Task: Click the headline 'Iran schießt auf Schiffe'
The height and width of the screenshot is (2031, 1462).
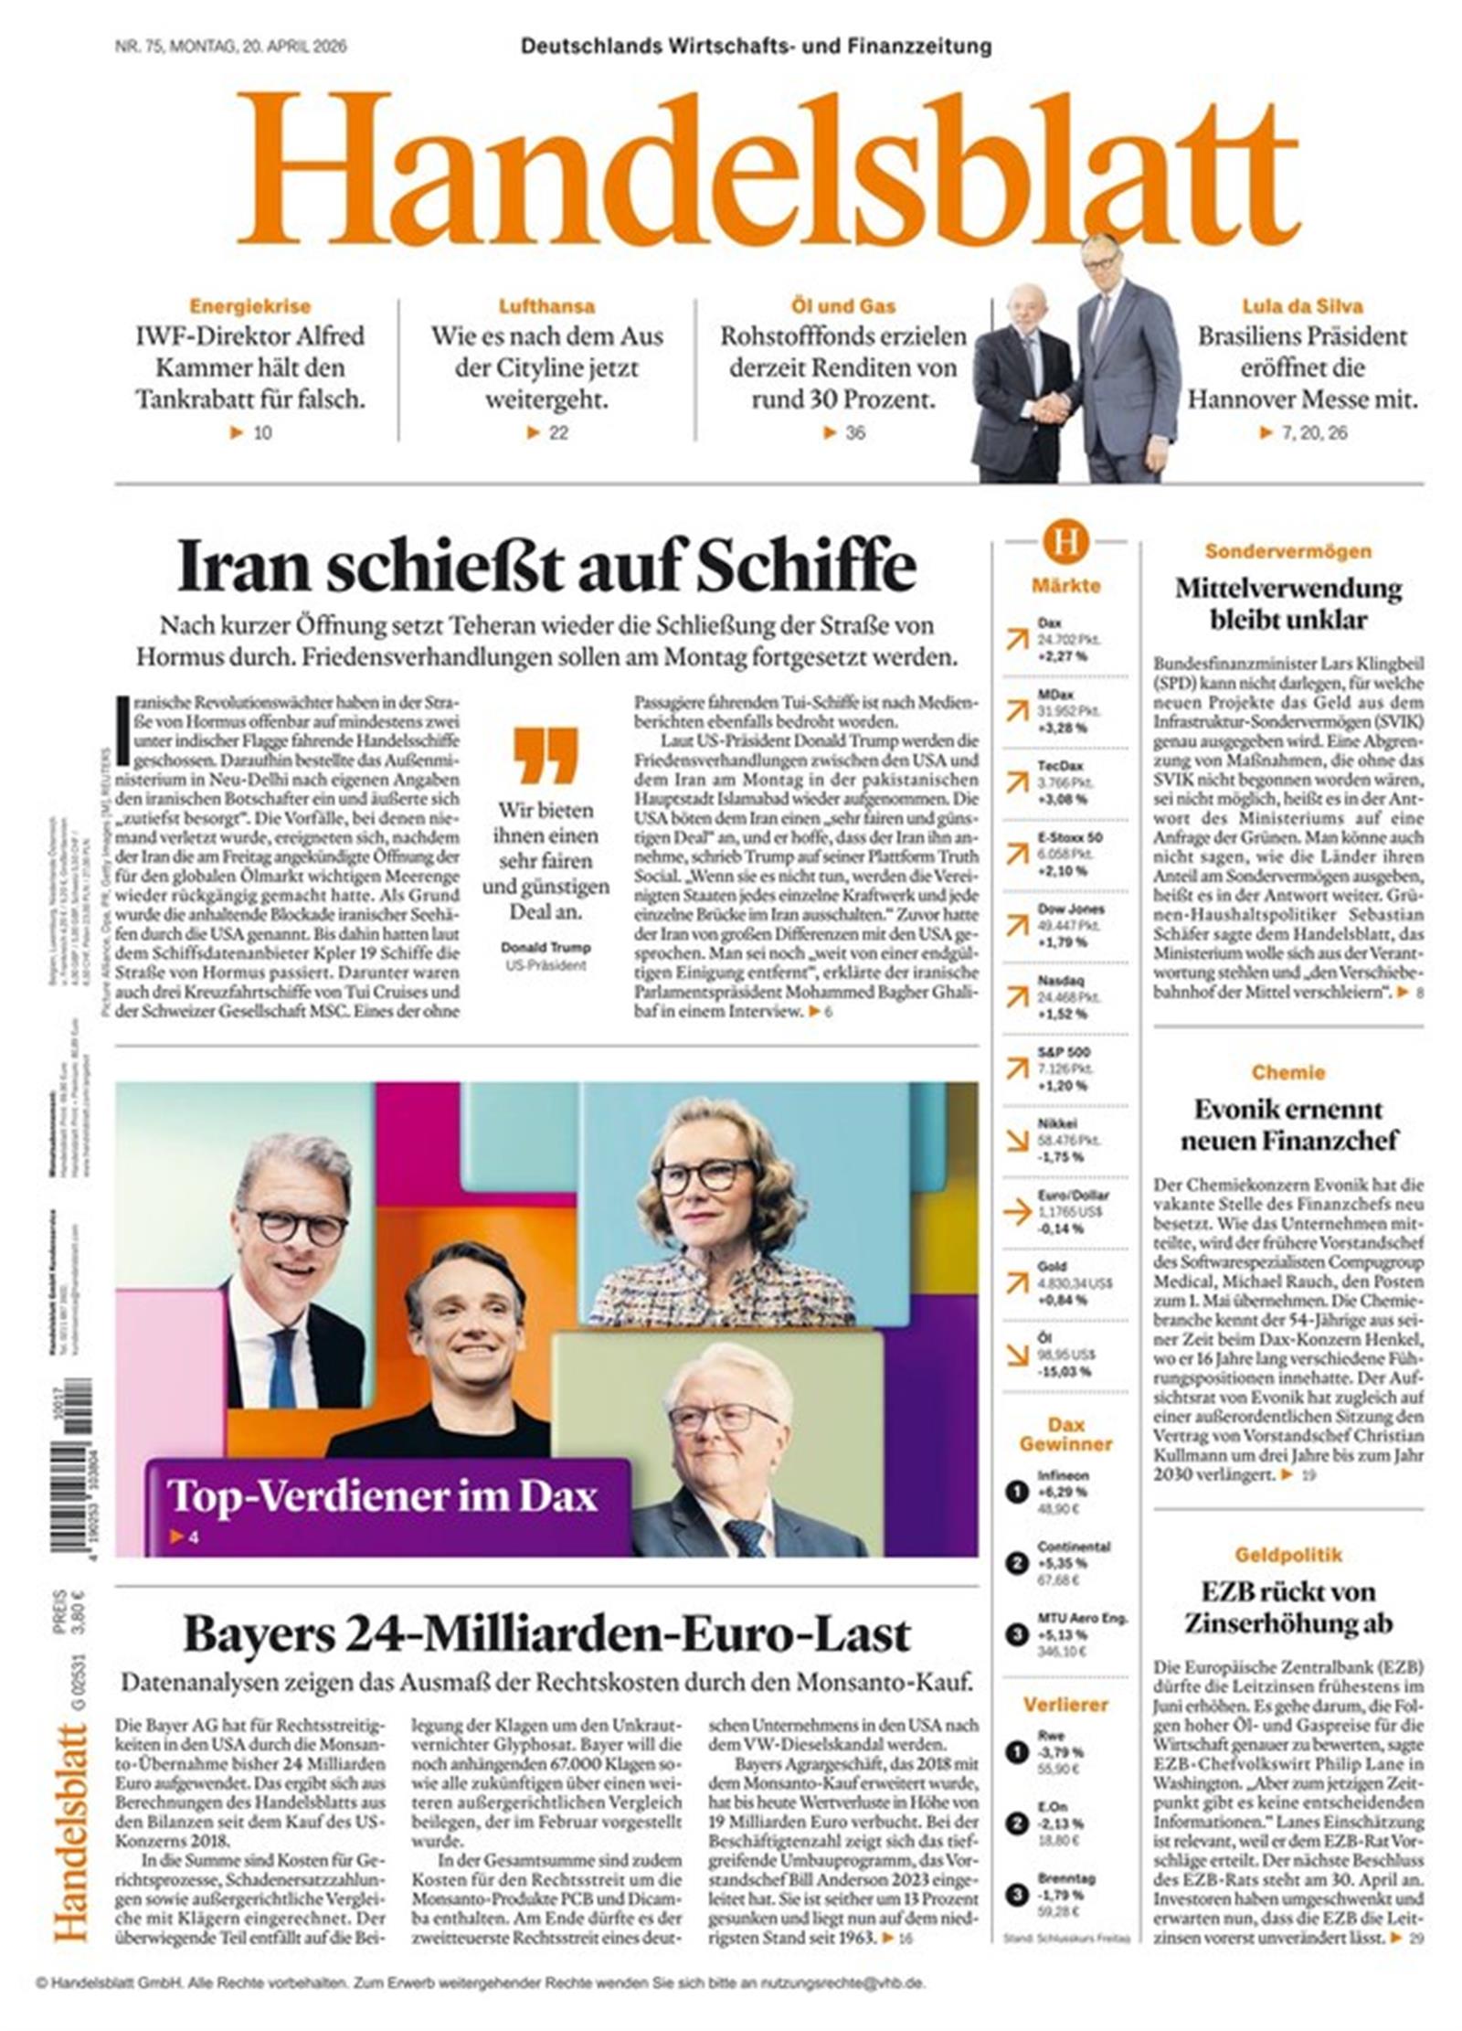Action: click(x=546, y=565)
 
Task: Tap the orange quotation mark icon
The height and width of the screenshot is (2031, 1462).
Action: click(x=545, y=755)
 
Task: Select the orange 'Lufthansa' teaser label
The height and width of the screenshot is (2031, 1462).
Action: click(x=546, y=306)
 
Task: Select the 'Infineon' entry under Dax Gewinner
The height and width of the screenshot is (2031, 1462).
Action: click(x=1063, y=1475)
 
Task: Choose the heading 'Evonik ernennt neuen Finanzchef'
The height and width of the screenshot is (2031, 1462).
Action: click(x=1287, y=1124)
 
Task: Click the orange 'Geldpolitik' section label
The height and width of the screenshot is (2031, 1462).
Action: click(x=1287, y=1554)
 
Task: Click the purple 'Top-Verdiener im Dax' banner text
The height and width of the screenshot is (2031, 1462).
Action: click(x=382, y=1496)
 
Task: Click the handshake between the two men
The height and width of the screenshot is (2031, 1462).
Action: click(x=1053, y=407)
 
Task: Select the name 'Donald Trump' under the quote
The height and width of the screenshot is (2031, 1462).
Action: click(x=545, y=947)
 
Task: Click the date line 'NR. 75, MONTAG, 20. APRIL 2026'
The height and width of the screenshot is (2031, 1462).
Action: click(x=230, y=47)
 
